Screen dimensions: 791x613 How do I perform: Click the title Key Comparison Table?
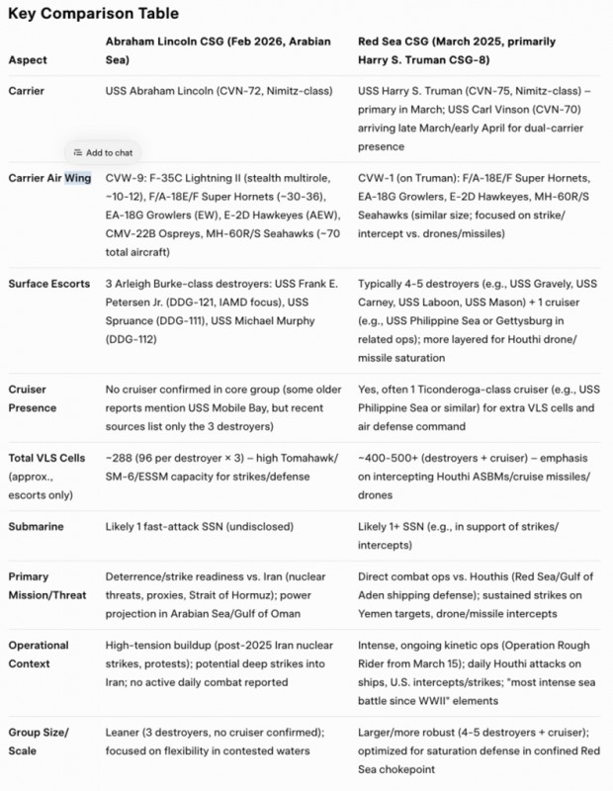coord(95,14)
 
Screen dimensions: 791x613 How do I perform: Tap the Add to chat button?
coord(103,152)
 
